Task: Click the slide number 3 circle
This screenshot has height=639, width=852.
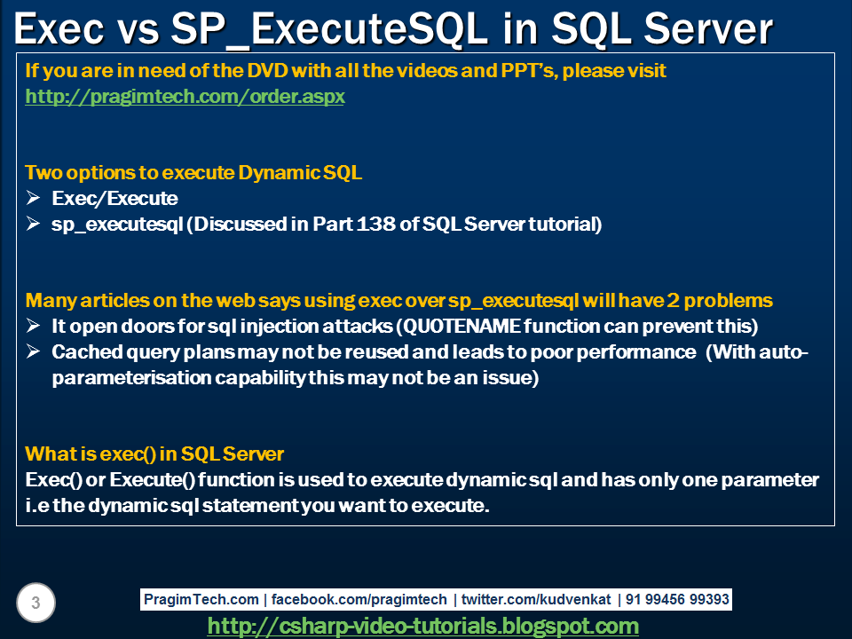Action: (x=35, y=603)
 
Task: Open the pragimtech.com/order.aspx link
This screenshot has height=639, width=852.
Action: (x=185, y=97)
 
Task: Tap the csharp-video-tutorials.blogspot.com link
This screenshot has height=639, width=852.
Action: (x=422, y=626)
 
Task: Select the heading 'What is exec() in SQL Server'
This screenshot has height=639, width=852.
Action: (x=154, y=454)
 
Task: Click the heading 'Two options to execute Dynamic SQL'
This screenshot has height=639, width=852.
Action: (x=193, y=173)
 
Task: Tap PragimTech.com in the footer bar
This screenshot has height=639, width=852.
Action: (x=202, y=600)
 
